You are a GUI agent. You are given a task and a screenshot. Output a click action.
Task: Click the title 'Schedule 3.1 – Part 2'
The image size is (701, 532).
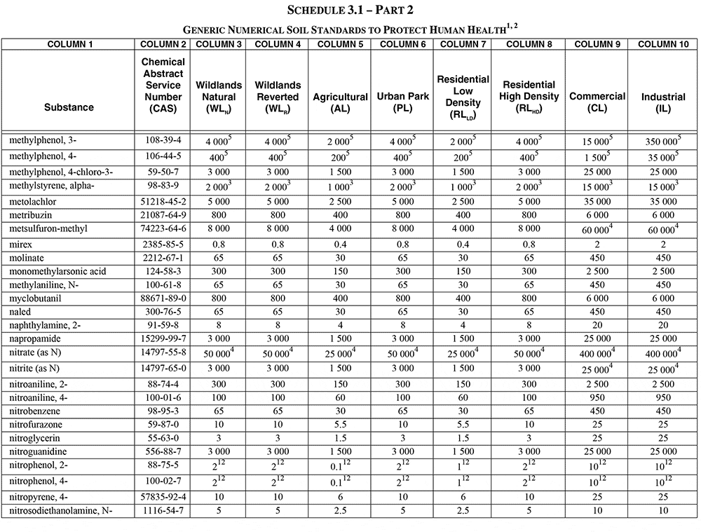[350, 11]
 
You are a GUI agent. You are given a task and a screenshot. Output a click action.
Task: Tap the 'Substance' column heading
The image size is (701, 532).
[69, 107]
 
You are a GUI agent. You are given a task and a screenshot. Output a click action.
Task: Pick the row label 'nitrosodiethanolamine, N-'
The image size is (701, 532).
[60, 511]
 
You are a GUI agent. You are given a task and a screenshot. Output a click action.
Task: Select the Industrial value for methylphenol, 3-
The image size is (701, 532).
[661, 142]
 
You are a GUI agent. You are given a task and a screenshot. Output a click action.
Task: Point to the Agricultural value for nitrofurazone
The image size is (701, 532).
[341, 425]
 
